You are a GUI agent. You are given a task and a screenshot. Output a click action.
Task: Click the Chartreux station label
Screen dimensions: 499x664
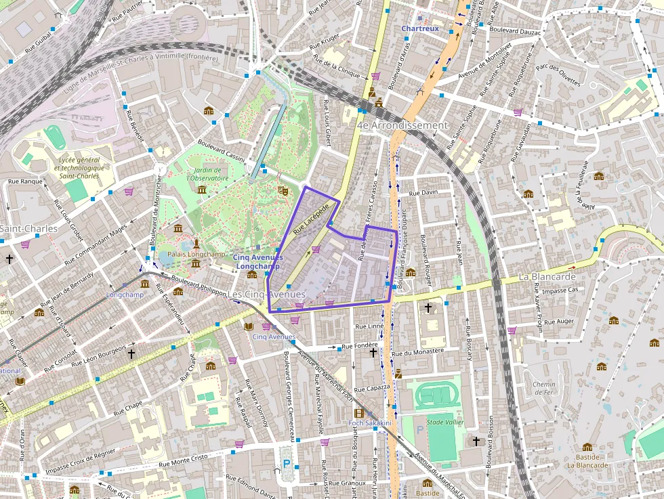(420, 28)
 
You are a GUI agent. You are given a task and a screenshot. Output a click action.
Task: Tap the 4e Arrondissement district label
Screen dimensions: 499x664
(402, 125)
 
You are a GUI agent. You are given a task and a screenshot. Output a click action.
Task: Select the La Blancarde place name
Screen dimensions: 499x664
(547, 276)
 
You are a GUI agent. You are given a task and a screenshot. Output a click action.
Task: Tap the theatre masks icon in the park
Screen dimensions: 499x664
(284, 192)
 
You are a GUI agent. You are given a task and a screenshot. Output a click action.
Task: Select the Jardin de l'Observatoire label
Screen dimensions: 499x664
(207, 174)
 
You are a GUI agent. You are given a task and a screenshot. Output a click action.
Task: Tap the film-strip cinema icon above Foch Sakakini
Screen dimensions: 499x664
(358, 413)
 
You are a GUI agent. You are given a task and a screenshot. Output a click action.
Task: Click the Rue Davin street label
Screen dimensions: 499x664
(425, 192)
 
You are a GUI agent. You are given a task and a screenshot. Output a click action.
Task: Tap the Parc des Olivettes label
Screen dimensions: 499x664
(558, 75)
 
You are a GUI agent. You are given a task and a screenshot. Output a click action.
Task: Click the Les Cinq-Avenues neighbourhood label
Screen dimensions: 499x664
(266, 295)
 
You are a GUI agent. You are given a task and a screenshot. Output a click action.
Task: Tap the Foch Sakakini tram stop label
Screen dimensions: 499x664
(370, 423)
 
